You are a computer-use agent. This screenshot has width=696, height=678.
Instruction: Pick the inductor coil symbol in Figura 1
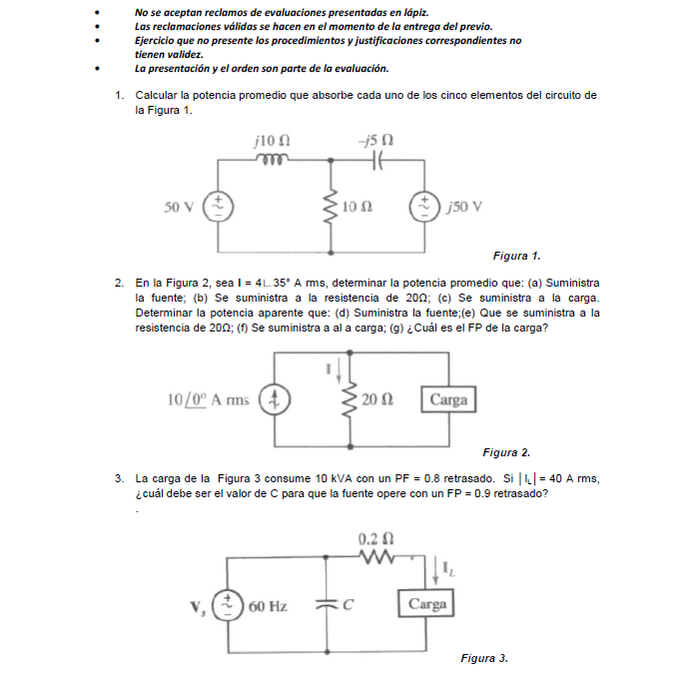[274, 159]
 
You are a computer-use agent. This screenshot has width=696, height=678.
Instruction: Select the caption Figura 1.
[516, 257]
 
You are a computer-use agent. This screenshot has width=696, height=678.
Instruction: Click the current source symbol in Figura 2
[273, 400]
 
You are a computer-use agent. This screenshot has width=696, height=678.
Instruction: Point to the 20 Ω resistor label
[378, 400]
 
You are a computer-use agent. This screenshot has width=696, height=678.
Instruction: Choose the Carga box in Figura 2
[448, 399]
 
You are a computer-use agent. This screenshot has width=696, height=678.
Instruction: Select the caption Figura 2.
[506, 452]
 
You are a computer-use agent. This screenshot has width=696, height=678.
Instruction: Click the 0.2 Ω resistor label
[374, 538]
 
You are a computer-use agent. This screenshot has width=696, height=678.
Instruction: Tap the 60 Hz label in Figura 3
[267, 606]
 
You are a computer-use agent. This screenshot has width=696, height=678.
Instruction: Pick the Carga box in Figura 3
[427, 605]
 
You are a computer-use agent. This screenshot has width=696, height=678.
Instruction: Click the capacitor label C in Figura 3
[348, 605]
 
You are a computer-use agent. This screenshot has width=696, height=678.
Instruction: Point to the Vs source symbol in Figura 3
[228, 606]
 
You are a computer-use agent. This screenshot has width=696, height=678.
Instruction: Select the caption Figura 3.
[484, 658]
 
